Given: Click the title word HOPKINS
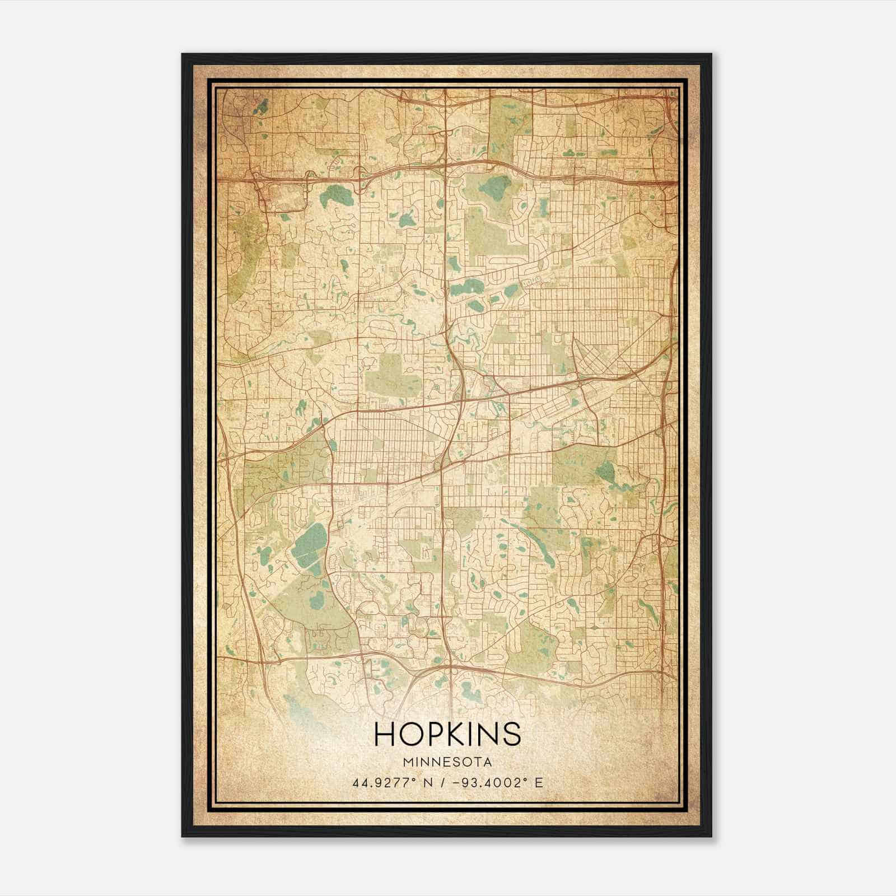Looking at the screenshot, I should pyautogui.click(x=447, y=734).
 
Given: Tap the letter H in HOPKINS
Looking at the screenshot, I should pyautogui.click(x=385, y=734).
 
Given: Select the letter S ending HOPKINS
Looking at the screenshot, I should pyautogui.click(x=511, y=734).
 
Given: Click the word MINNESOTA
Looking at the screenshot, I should pyautogui.click(x=447, y=762).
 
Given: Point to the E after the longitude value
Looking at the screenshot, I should pyautogui.click(x=539, y=783).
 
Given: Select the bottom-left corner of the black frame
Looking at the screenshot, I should pyautogui.click(x=183, y=836).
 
